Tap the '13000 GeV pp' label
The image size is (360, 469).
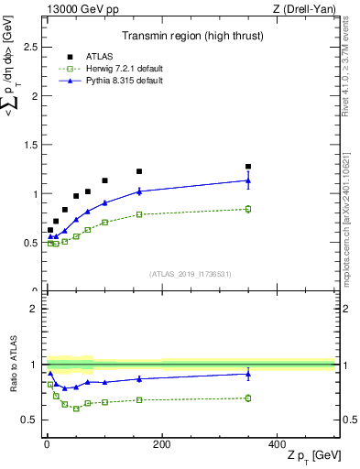pos(75,9)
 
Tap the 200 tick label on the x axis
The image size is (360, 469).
pos(161,443)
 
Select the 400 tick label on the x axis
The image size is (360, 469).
pos(277,443)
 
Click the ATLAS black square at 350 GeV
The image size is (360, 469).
pos(248,167)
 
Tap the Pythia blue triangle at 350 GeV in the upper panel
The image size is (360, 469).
pos(248,180)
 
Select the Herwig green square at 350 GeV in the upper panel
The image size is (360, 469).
pos(248,209)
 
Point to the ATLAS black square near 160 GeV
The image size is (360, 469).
pos(139,171)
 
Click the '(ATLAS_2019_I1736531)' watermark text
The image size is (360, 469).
pos(191,273)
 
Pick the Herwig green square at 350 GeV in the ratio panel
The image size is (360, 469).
pos(248,398)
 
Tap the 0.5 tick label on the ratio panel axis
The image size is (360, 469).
pos(28,420)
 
